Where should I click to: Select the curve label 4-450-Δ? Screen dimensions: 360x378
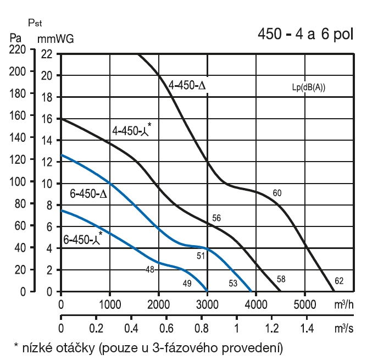tap(187, 86)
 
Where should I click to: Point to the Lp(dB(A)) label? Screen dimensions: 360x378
tap(309, 87)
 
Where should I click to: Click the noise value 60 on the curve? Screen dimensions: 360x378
tap(277, 192)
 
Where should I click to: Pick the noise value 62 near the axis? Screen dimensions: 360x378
tap(339, 281)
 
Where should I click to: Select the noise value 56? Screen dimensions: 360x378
tap(216, 218)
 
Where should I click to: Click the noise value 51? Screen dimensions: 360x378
tap(201, 255)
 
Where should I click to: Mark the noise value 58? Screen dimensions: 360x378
tap(281, 279)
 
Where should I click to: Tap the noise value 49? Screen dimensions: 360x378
tap(187, 283)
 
